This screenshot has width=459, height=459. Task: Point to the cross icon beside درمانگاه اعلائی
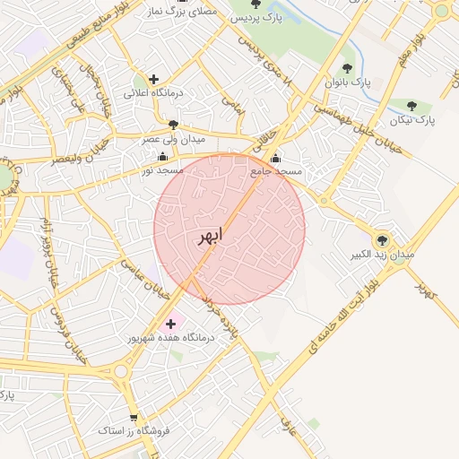[154, 79]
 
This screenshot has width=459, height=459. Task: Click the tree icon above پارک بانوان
[347, 68]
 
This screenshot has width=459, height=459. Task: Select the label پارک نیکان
[412, 118]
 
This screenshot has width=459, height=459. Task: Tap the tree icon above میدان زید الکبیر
[383, 239]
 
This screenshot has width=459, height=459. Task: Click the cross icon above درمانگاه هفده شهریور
[171, 323]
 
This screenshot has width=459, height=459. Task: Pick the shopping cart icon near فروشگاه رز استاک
[134, 417]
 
